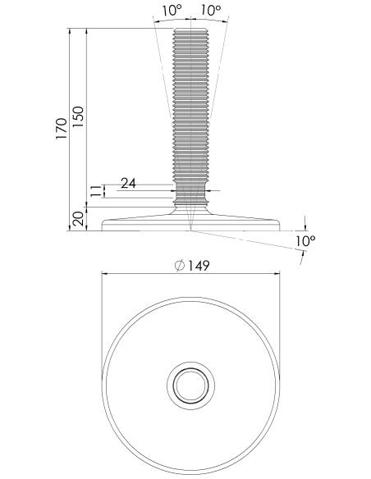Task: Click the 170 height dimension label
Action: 61,129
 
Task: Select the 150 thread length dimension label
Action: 78,117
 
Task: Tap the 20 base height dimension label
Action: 79,219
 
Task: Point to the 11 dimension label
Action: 97,191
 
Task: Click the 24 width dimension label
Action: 128,183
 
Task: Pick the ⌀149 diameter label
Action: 192,265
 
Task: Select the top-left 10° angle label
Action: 172,11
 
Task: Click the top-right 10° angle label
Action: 211,11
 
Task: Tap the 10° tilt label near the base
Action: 305,241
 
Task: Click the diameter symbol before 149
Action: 180,265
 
